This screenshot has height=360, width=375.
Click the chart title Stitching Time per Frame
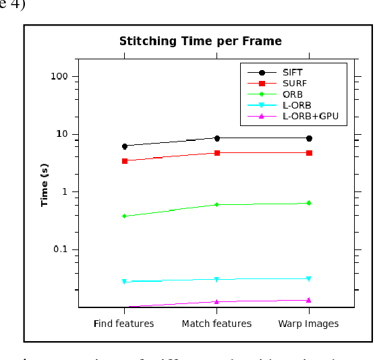[200, 42]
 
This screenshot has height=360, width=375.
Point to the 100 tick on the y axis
[60, 76]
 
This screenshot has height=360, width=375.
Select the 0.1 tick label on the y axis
[61, 249]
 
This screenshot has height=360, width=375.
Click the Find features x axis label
[123, 324]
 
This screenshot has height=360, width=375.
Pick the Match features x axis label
[217, 324]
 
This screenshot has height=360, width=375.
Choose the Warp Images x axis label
[308, 324]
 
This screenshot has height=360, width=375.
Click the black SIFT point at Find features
[125, 146]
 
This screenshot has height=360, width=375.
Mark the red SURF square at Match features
[217, 153]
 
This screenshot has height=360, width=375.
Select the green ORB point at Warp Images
[309, 203]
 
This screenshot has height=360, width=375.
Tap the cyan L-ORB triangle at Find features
[125, 282]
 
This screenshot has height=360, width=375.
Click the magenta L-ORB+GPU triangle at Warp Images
[309, 300]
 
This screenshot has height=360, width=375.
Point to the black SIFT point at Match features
[217, 138]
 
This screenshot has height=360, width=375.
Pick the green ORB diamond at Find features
[125, 216]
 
